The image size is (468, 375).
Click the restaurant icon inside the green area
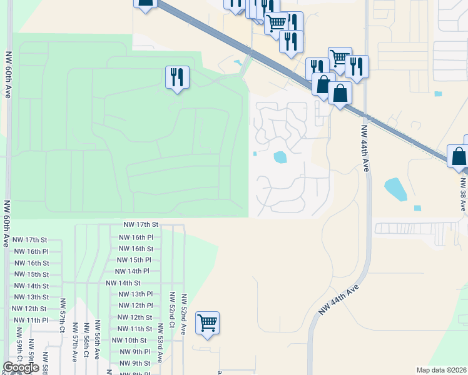tap(177, 77)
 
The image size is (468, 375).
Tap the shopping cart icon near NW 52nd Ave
tap(207, 323)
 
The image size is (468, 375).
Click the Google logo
tap(21, 367)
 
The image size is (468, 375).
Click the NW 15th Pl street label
tap(135, 260)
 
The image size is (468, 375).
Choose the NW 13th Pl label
tap(136, 294)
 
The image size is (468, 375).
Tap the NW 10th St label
tap(129, 341)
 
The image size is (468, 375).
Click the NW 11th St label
tap(135, 329)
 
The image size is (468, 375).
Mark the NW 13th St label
tap(29, 297)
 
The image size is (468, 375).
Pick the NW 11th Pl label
tap(29, 320)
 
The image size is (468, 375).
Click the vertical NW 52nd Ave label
tap(184, 316)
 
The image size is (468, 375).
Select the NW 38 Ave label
tap(462, 194)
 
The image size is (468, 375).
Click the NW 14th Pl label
tap(132, 271)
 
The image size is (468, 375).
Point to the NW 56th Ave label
tap(97, 341)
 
